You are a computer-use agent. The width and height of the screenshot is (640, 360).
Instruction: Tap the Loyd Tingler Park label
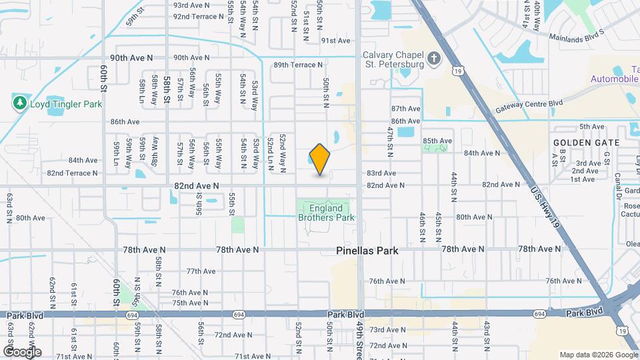65,104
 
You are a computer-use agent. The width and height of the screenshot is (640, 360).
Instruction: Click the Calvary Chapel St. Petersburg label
393,60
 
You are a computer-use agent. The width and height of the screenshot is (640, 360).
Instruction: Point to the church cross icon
434,59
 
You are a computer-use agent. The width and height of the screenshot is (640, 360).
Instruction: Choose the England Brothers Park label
326,213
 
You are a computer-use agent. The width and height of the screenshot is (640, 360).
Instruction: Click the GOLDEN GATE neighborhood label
586,143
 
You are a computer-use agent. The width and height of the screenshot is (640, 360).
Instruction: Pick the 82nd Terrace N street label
72,173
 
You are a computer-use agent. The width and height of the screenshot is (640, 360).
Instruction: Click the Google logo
21,351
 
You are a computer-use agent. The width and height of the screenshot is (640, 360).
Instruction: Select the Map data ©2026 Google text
598,355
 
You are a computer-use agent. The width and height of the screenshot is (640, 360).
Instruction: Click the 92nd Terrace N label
199,17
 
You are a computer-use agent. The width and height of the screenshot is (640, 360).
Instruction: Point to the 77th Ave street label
201,271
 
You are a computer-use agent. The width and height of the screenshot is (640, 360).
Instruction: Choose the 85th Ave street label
437,141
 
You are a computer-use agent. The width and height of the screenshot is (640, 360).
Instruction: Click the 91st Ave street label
335,41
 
